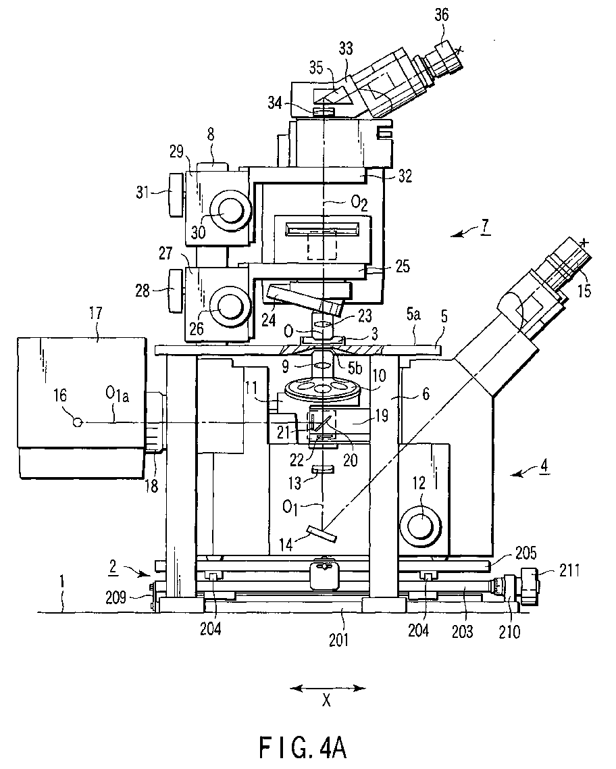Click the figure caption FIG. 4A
click(303, 747)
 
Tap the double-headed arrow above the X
click(328, 688)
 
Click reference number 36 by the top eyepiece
click(442, 15)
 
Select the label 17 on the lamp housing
click(95, 312)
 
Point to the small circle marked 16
click(78, 422)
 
